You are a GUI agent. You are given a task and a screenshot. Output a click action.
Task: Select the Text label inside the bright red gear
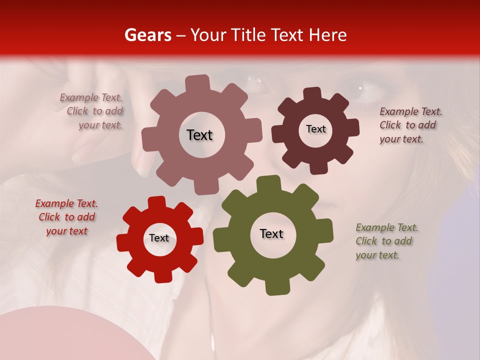coord(159,238)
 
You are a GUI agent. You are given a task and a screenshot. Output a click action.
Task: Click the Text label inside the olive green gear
coord(271,234)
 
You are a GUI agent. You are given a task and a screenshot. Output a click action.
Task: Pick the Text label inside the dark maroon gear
coord(315,129)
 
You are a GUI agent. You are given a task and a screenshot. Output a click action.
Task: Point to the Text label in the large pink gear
coord(199,135)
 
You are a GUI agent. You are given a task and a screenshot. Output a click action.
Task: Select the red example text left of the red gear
coord(66,217)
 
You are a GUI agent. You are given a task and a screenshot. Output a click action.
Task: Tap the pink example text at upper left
coord(92,111)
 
